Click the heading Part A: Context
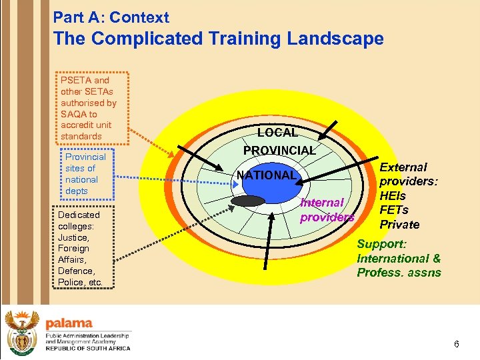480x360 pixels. click(x=111, y=17)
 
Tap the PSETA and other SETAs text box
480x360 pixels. click(x=89, y=108)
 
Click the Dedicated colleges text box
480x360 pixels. click(x=80, y=248)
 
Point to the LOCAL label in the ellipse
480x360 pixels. click(x=277, y=133)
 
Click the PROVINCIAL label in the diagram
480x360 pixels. click(x=279, y=151)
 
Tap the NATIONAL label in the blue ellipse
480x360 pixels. click(x=265, y=175)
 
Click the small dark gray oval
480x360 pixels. click(x=247, y=201)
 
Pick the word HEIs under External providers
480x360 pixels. click(x=392, y=195)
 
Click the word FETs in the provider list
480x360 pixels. click(x=393, y=209)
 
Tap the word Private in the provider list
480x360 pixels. click(x=399, y=224)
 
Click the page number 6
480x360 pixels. click(x=456, y=344)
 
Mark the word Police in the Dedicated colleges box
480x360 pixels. click(x=72, y=282)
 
